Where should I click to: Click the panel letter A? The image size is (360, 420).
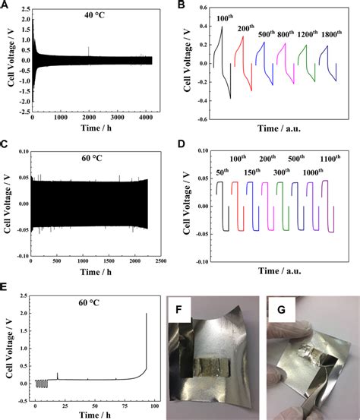pyautogui.click(x=5, y=6)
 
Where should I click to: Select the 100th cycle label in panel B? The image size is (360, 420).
pyautogui.click(x=225, y=17)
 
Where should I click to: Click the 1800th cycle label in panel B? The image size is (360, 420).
pyautogui.click(x=330, y=34)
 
